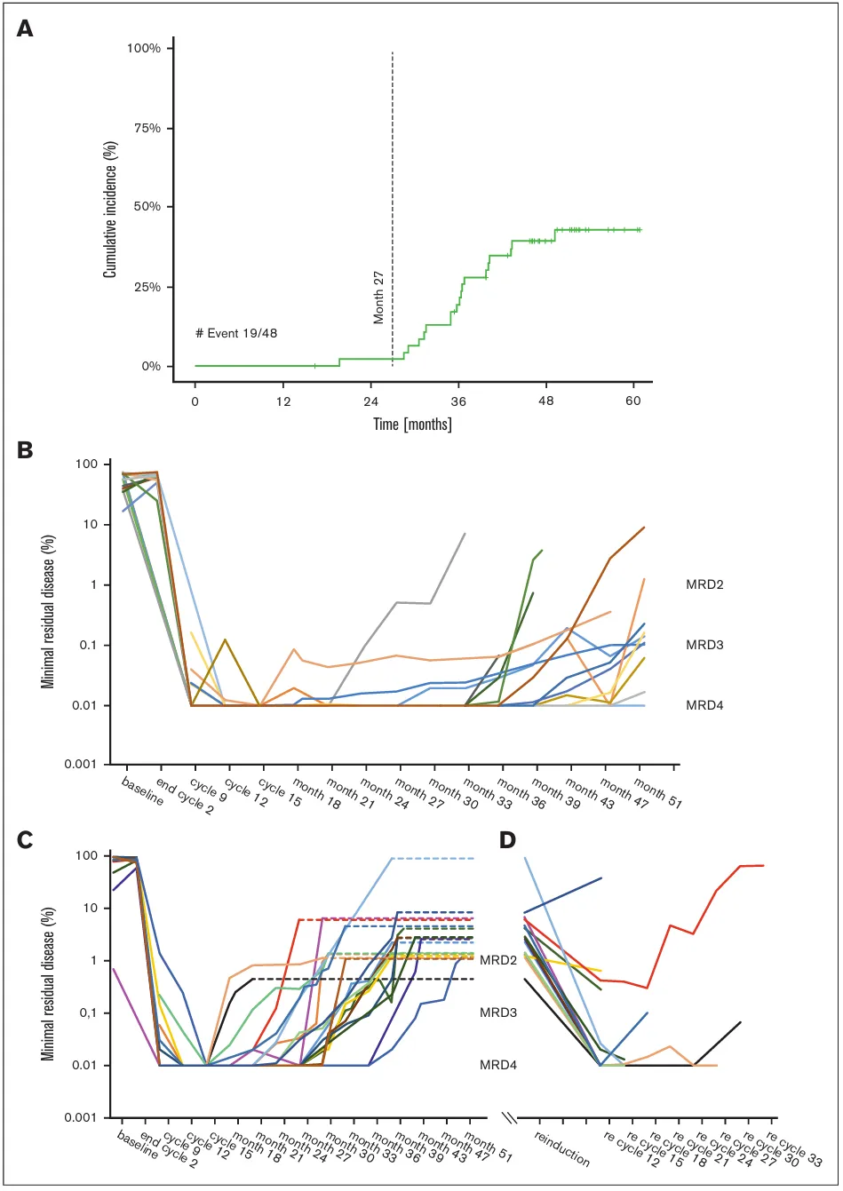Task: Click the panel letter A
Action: (28, 29)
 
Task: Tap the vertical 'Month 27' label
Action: (379, 298)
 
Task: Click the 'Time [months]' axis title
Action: (414, 425)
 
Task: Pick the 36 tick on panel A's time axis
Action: (458, 401)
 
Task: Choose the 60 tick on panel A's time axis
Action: (633, 401)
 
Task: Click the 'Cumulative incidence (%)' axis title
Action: (110, 207)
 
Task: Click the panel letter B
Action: (28, 450)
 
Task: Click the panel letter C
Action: (28, 838)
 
